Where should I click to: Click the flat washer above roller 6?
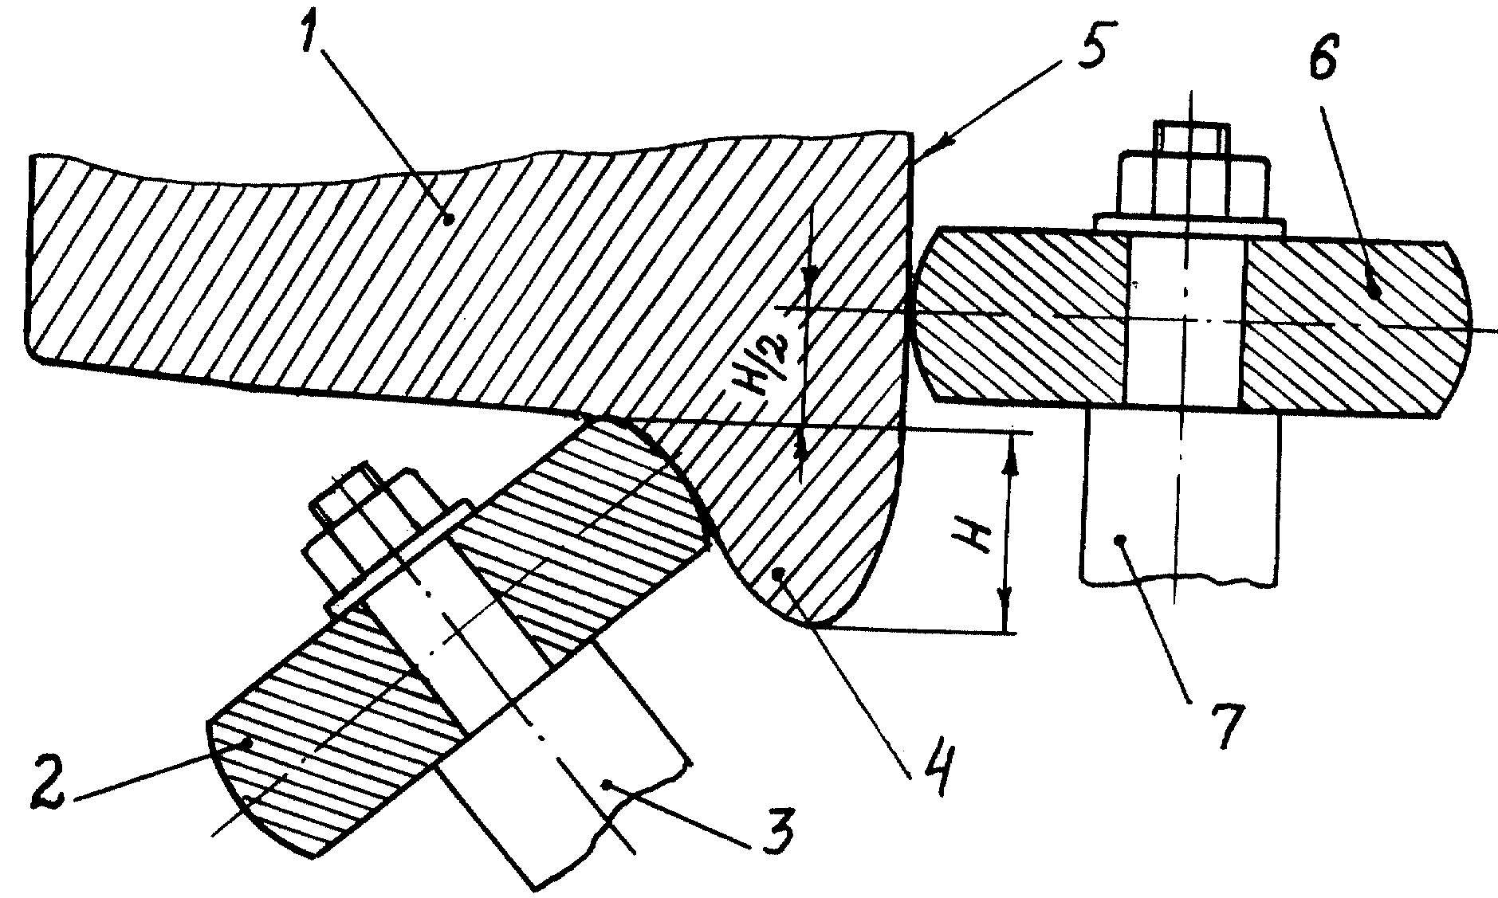[1188, 224]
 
